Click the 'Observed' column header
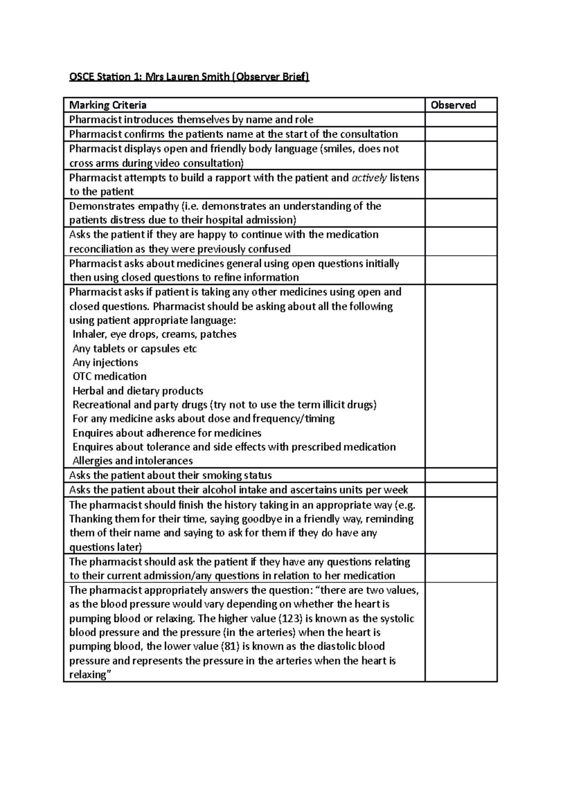click(453, 105)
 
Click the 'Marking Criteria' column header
click(108, 105)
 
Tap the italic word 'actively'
click(369, 178)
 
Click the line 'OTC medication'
click(109, 376)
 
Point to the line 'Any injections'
click(105, 363)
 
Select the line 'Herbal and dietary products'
click(138, 391)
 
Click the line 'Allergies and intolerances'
click(133, 461)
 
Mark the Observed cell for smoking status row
click(460, 475)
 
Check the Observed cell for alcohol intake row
click(460, 489)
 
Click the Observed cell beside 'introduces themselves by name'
click(460, 120)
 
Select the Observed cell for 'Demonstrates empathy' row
click(460, 212)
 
